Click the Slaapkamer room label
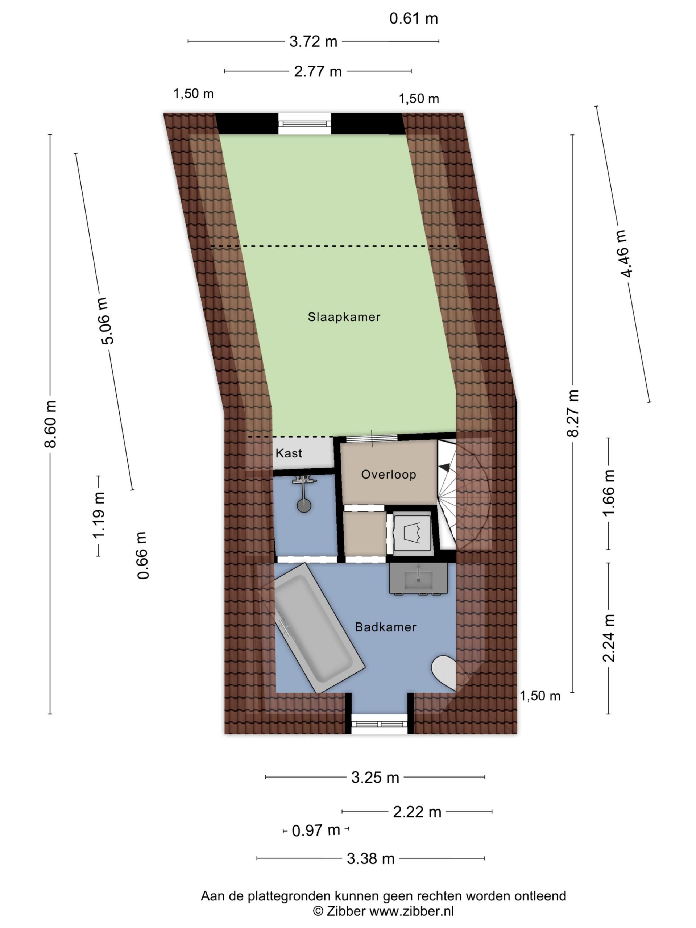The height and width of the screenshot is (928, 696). pyautogui.click(x=344, y=317)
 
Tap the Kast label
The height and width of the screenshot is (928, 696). pyautogui.click(x=289, y=453)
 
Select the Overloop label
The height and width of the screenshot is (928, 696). pyautogui.click(x=389, y=475)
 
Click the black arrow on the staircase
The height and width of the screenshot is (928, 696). pyautogui.click(x=445, y=467)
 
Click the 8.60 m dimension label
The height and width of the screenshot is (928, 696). pyautogui.click(x=50, y=424)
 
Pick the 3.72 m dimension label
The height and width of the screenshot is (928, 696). pyautogui.click(x=314, y=42)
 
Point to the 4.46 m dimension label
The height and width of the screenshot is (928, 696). pyautogui.click(x=623, y=253)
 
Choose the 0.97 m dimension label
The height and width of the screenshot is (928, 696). pyautogui.click(x=315, y=830)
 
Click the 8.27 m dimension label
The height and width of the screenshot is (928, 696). pyautogui.click(x=573, y=413)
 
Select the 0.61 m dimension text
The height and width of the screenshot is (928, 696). pyautogui.click(x=414, y=18)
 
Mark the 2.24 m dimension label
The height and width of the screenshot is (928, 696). pyautogui.click(x=609, y=638)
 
